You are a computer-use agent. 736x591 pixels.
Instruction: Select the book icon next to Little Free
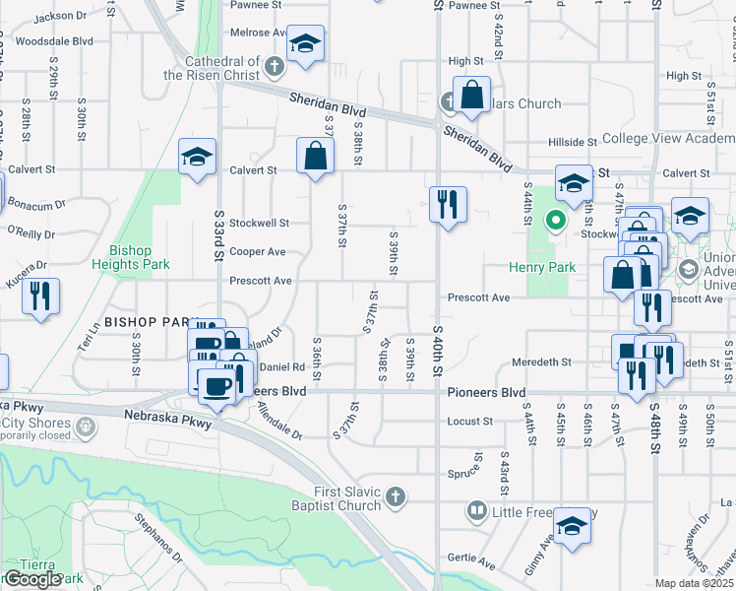click(477, 511)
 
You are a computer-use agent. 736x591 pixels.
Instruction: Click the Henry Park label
click(542, 267)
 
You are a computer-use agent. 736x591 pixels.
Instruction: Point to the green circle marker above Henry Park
click(556, 220)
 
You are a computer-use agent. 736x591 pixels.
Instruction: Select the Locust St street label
click(469, 422)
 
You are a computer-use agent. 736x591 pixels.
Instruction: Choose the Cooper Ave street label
click(257, 252)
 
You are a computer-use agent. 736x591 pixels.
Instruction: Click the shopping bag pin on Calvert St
click(314, 157)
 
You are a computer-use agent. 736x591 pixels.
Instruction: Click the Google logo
click(31, 579)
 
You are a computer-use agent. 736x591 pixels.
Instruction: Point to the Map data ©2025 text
click(694, 584)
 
